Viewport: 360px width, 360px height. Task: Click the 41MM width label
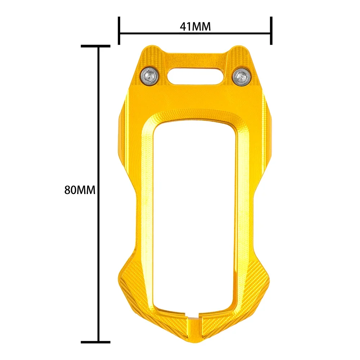point(195,27)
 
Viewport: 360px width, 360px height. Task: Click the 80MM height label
point(80,190)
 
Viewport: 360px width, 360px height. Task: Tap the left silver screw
point(150,76)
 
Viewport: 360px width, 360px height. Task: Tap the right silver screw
point(241,77)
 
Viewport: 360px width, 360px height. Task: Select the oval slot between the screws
point(195,76)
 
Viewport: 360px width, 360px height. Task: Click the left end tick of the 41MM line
point(119,31)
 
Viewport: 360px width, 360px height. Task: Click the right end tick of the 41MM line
point(271,31)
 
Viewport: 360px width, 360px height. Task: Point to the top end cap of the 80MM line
point(95,46)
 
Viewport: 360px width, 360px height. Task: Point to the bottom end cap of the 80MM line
point(95,342)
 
